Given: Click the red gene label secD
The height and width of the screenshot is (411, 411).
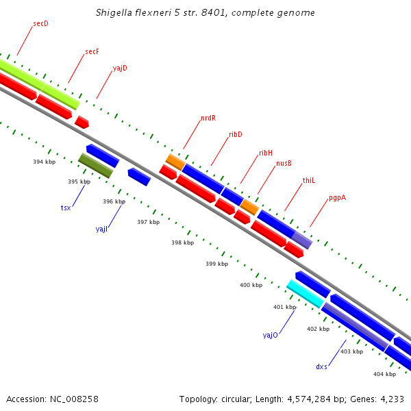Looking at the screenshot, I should [40, 24].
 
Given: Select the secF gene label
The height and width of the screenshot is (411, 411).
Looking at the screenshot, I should [92, 51].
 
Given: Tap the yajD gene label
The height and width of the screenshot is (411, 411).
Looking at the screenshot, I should [120, 68].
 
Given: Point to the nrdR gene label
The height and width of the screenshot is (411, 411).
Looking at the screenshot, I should [208, 118].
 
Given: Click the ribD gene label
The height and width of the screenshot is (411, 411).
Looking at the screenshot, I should [236, 135].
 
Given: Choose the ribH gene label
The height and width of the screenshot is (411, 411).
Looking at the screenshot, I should [266, 153].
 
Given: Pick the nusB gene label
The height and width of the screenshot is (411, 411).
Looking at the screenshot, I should [284, 163].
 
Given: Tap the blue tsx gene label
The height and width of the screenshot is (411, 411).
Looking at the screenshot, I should [66, 207].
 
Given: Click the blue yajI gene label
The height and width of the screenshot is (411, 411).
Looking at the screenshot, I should [102, 229].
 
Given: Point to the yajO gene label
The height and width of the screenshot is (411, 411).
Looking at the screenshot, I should [270, 335].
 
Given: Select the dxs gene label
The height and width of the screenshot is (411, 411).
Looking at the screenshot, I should [321, 366].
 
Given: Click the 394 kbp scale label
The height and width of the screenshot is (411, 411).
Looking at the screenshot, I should [44, 162].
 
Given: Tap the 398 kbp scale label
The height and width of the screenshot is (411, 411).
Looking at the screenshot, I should [182, 242].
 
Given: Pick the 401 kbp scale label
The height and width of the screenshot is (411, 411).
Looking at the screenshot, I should [284, 307].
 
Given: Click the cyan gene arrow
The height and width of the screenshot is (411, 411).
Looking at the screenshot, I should [306, 293].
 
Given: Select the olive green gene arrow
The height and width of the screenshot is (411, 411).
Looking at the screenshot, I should [95, 166].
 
